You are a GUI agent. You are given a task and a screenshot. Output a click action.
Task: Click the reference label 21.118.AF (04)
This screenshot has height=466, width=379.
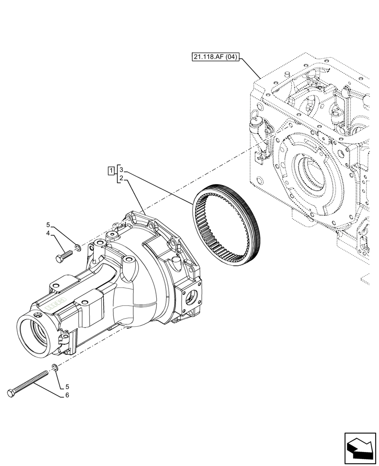point(215,57)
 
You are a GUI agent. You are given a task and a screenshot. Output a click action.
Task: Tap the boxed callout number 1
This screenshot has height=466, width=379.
point(111,170)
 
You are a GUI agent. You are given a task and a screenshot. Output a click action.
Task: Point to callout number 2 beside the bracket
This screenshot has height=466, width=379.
point(121,178)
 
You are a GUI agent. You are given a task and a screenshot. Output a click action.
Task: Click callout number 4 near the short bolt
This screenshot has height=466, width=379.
point(48,233)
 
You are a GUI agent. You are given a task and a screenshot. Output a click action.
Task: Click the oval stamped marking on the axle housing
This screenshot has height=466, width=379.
point(56,305)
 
